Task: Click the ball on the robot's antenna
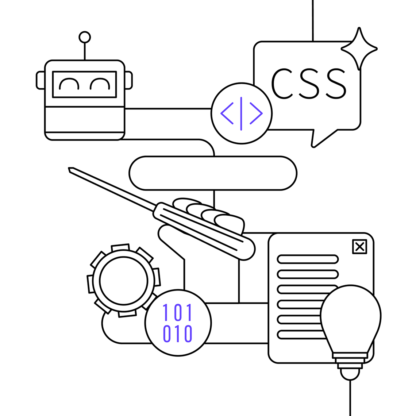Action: point(85,37)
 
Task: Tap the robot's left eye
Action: point(69,84)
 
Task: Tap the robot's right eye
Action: point(100,84)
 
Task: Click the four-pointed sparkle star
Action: point(359,49)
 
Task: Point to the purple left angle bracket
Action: point(227,113)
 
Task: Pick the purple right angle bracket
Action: point(256,113)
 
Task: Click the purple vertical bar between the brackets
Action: point(241,113)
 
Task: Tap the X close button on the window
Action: point(359,247)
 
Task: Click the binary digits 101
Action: point(178,312)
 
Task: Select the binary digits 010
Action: point(178,333)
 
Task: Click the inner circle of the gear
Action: point(123,281)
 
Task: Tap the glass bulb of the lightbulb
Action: point(350,314)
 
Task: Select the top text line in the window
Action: point(308,259)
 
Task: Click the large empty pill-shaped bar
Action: point(213,173)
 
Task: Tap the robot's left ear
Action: point(40,80)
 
